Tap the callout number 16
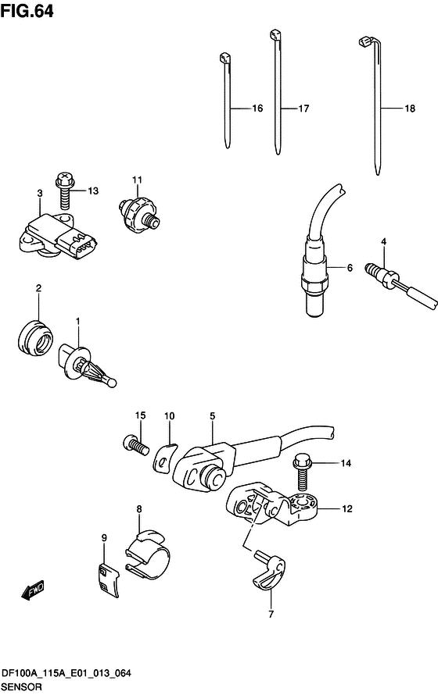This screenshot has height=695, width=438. pyautogui.click(x=257, y=109)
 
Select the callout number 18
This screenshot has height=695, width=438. pyautogui.click(x=409, y=109)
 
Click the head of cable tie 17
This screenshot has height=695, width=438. pyautogui.click(x=275, y=34)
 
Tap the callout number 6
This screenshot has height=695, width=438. pyautogui.click(x=350, y=268)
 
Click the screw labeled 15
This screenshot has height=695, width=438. pyautogui.click(x=135, y=446)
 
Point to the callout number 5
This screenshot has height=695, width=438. pyautogui.click(x=211, y=416)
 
